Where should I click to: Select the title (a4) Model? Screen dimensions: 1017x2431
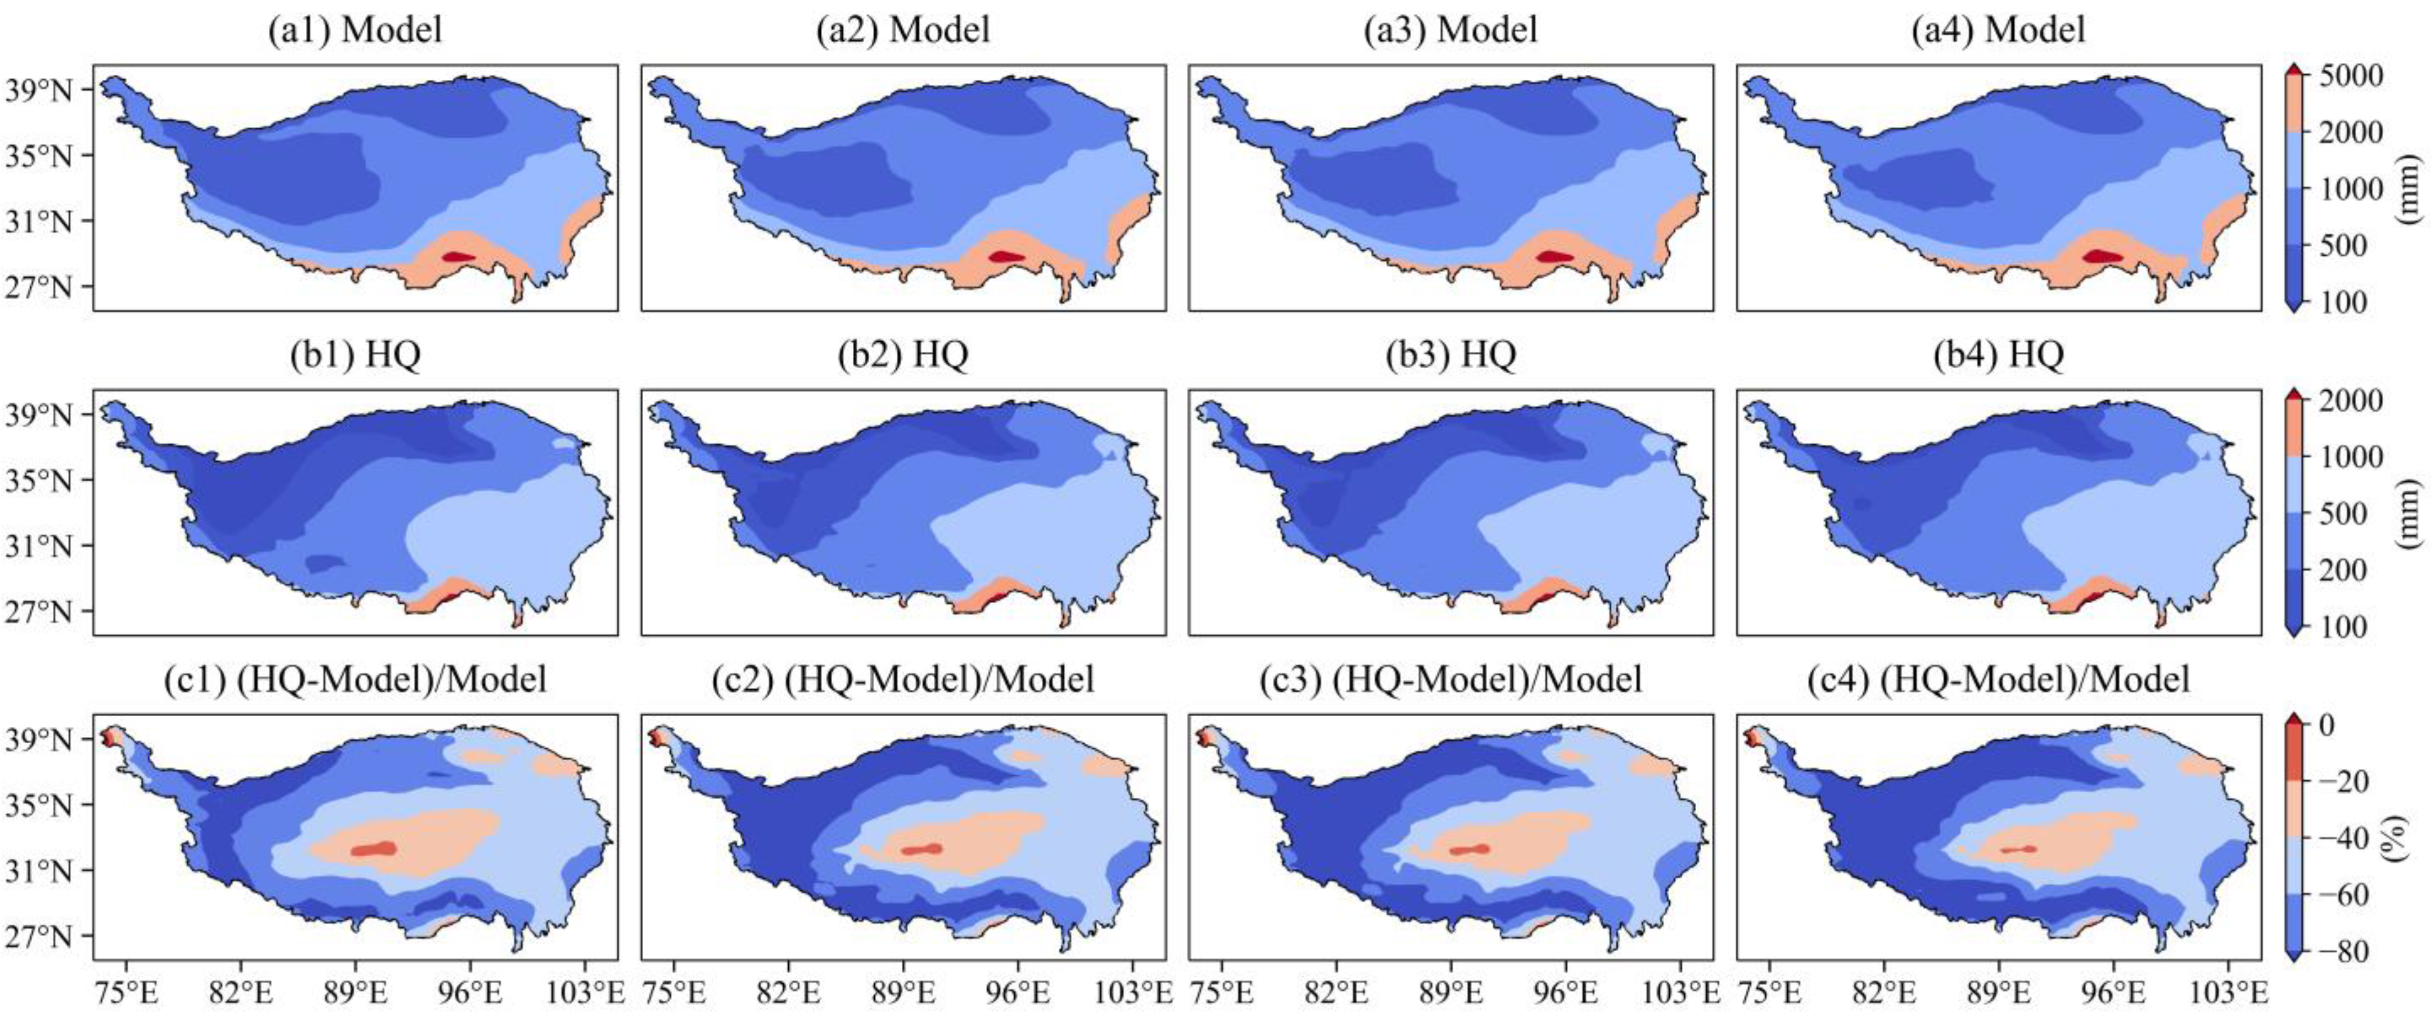click(1998, 30)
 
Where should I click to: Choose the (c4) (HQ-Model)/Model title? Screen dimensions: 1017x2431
click(1998, 679)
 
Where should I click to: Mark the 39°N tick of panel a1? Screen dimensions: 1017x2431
click(39, 91)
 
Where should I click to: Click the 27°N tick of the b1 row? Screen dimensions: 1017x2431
click(39, 612)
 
